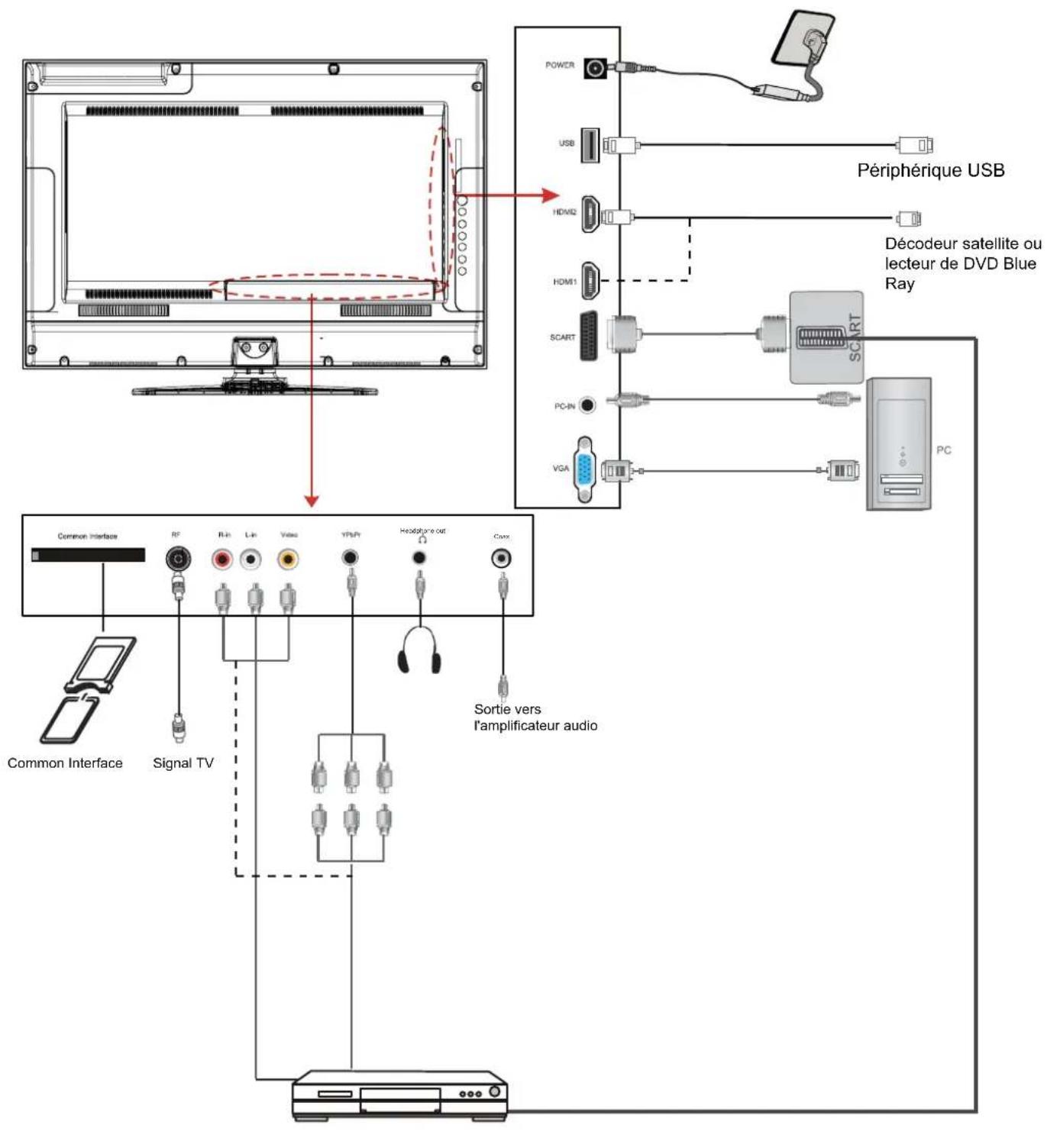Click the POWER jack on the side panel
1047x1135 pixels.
[596, 69]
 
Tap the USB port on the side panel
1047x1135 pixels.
[590, 145]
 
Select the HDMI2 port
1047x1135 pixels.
[590, 214]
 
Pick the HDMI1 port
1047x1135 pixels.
[590, 280]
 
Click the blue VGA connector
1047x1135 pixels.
[585, 469]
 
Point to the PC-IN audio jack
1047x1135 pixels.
[587, 405]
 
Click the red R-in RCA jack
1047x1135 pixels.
[223, 559]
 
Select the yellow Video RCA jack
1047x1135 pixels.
[288, 559]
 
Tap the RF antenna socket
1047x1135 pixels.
[178, 559]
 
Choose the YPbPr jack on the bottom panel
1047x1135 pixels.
[350, 558]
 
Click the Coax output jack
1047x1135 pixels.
[501, 558]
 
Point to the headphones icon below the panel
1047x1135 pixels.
[419, 651]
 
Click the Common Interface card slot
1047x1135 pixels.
[88, 555]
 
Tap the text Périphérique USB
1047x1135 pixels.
[930, 170]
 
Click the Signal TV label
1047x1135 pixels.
[183, 763]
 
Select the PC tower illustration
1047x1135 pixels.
[899, 443]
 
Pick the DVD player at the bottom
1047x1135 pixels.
[400, 1096]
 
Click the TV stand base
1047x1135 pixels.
[255, 390]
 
